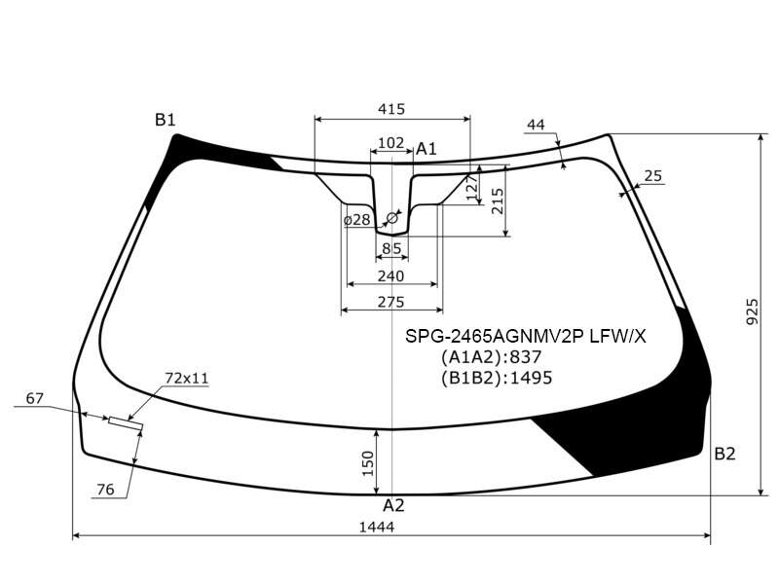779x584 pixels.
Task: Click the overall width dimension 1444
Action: [x=377, y=527]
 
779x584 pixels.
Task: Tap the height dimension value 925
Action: [x=753, y=311]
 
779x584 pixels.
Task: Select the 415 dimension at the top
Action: [x=391, y=109]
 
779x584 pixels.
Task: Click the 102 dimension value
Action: [x=391, y=143]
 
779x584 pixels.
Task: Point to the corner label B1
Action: [x=165, y=120]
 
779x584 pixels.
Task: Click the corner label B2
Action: [x=724, y=454]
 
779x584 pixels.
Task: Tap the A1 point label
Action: [x=427, y=149]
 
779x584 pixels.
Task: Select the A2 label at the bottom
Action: [x=393, y=505]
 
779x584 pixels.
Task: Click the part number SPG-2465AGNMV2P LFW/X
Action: [x=526, y=337]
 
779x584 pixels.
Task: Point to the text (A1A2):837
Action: [x=491, y=357]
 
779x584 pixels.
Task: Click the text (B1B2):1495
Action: [x=497, y=378]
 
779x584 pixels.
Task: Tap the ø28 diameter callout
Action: [x=357, y=220]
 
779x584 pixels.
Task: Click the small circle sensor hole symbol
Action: [x=391, y=217]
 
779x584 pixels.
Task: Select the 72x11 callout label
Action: [x=187, y=379]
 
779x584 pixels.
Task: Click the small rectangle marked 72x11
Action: [x=126, y=424]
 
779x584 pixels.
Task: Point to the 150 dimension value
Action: [x=368, y=463]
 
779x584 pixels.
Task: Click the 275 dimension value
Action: [x=391, y=302]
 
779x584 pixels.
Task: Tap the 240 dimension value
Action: [x=391, y=276]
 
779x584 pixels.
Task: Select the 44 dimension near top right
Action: [x=536, y=125]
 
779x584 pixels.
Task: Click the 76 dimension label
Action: [x=105, y=490]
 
